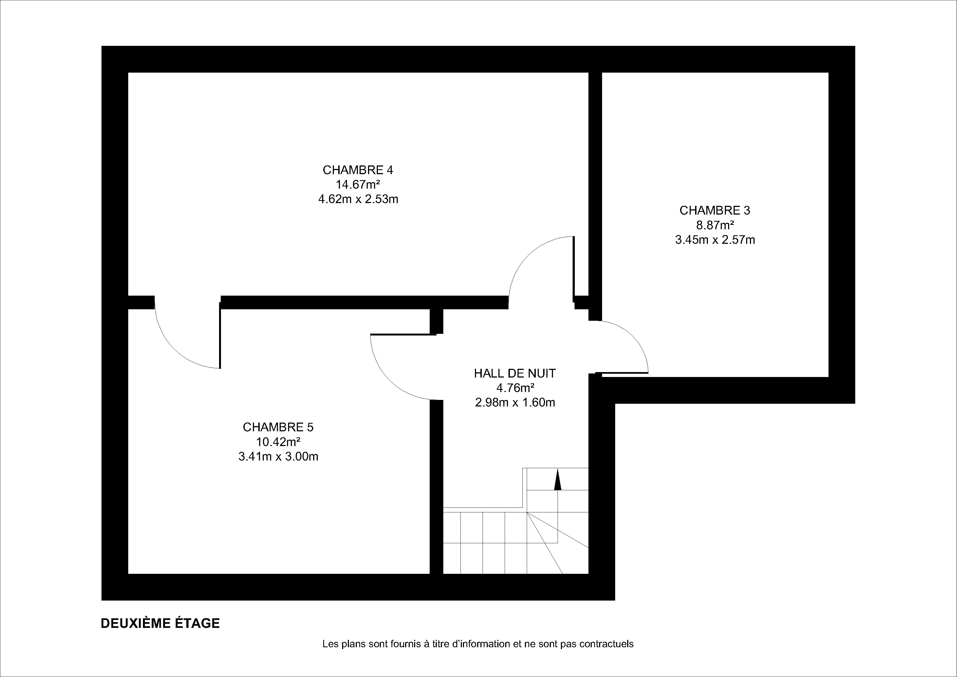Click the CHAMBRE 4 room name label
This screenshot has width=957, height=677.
point(358,170)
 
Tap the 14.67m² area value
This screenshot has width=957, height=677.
point(358,184)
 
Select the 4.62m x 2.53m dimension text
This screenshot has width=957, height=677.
point(358,199)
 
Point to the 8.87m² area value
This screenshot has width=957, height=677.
point(715,225)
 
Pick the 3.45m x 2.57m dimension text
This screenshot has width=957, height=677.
point(715,240)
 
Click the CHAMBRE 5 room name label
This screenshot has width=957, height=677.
point(278,427)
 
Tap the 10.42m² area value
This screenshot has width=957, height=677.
point(278,442)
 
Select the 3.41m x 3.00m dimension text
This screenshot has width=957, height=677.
point(278,457)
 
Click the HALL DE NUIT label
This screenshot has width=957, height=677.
point(515,373)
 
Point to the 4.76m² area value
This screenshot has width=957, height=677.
point(515,388)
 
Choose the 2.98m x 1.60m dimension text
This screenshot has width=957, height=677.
point(515,403)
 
